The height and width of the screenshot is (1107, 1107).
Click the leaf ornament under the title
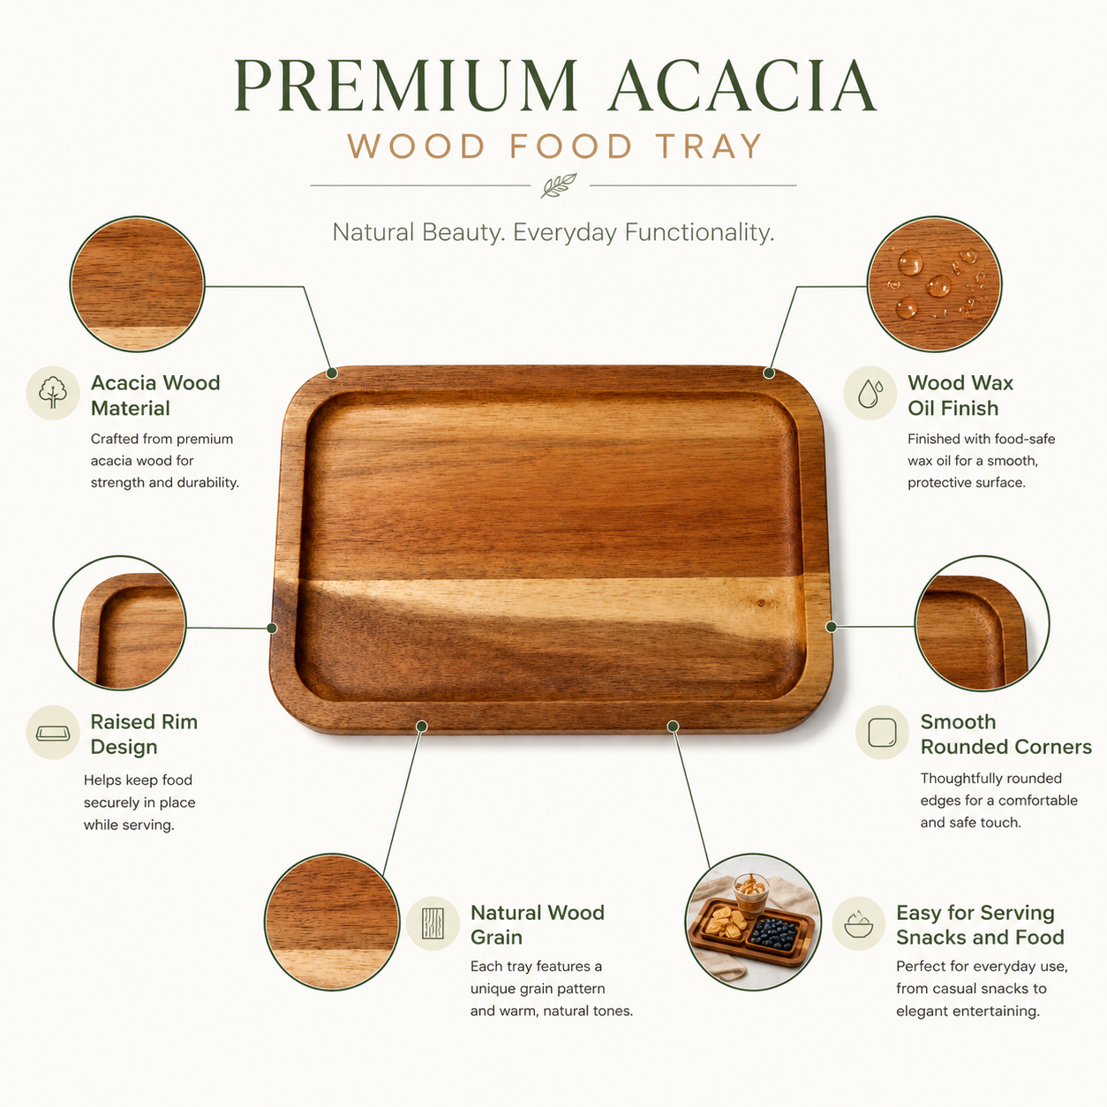tap(559, 185)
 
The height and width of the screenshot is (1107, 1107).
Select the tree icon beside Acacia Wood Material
tap(53, 393)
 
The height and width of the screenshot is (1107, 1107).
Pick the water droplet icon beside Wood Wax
tap(870, 393)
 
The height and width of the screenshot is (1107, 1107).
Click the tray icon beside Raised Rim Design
tap(53, 733)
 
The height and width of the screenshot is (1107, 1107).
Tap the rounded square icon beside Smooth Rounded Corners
tap(882, 733)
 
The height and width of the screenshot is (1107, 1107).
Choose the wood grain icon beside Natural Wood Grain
tap(433, 923)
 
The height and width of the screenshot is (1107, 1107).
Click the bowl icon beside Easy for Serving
tap(859, 923)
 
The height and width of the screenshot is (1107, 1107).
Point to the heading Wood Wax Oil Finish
tap(960, 395)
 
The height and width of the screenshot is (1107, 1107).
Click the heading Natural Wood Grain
tap(537, 925)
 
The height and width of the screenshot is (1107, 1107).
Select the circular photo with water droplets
tap(934, 283)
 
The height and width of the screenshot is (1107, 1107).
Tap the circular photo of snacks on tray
tap(753, 922)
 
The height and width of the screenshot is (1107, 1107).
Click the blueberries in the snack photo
tap(773, 933)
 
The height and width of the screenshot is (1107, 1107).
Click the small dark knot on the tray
tap(761, 603)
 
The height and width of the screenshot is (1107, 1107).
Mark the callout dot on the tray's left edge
tap(272, 628)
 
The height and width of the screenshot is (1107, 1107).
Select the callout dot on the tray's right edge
tap(831, 627)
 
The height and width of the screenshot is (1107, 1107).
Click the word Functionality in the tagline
tap(699, 233)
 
